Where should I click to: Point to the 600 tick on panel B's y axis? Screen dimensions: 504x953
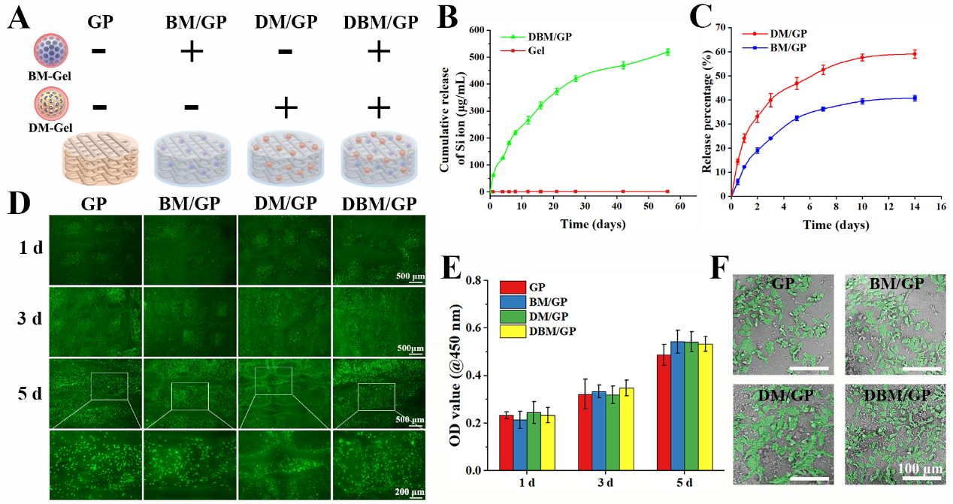click(x=476, y=30)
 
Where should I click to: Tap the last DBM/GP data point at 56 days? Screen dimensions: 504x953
click(x=667, y=52)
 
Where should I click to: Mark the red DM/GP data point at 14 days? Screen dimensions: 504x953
click(x=915, y=53)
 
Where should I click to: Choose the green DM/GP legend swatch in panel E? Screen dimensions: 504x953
click(x=509, y=316)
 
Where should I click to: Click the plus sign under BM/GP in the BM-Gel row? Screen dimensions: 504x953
click(x=192, y=52)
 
